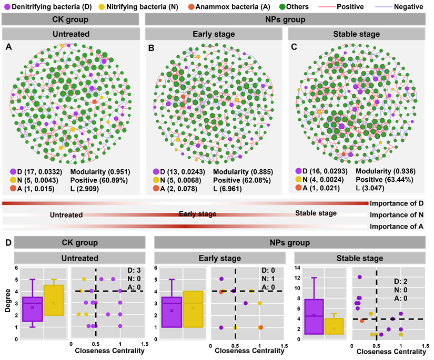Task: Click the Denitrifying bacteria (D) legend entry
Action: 44,6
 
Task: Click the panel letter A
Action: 8,47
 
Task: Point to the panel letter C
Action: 295,47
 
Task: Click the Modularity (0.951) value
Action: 100,172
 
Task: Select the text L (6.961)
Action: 230,188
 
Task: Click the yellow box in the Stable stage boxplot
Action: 334,326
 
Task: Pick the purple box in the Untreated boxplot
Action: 32,309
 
